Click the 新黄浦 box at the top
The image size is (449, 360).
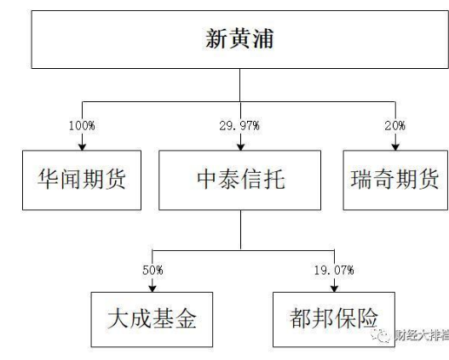[239, 39]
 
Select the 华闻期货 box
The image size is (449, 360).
[82, 180]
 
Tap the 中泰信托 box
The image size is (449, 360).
[239, 180]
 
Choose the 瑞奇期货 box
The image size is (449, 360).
[395, 180]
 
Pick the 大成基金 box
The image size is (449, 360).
[152, 319]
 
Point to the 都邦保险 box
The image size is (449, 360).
[334, 319]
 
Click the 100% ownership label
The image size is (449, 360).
[82, 126]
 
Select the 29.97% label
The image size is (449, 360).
[239, 126]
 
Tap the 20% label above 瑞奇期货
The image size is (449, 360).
[395, 126]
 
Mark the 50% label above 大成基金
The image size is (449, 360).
[153, 271]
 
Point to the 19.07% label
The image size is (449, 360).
[334, 271]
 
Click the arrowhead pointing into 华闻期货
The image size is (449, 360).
[82, 146]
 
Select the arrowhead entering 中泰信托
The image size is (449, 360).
[240, 146]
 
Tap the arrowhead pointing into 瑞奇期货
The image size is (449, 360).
[395, 146]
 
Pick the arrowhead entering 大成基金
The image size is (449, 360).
[153, 289]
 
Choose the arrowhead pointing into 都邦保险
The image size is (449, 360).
[334, 289]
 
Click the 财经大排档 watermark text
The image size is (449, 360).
[422, 334]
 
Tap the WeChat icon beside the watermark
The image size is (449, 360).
[381, 334]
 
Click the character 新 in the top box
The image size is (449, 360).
[216, 38]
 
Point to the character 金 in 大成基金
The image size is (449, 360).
[186, 318]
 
